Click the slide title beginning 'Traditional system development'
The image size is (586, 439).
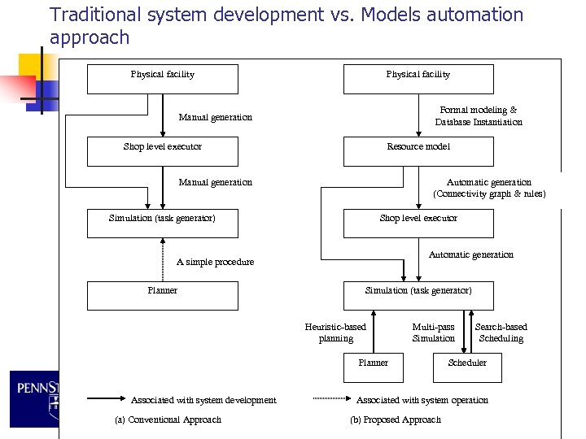coord(286,25)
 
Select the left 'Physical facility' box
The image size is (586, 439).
coord(163,79)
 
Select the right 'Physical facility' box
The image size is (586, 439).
coord(418,79)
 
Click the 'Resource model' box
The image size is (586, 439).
coord(418,151)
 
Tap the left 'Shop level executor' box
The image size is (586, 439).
coord(163,151)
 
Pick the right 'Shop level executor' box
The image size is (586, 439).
coord(418,223)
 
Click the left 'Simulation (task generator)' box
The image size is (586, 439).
coord(163,223)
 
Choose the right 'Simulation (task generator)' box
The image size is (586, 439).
coord(418,295)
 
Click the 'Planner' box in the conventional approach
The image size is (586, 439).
coord(163,295)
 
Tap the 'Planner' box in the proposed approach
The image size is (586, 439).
coord(374,367)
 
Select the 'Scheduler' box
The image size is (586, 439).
coord(467,367)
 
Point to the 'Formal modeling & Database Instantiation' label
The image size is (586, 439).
coord(479,115)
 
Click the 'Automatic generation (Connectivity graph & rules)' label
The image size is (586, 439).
coord(489,188)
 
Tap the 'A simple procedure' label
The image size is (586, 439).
coord(215,262)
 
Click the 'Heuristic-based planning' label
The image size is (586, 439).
coord(335,333)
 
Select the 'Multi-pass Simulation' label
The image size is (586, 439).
coord(433,333)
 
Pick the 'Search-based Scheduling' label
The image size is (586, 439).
coord(501,333)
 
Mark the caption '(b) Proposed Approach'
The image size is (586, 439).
coord(396,419)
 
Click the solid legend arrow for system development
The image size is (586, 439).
coord(103,399)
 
